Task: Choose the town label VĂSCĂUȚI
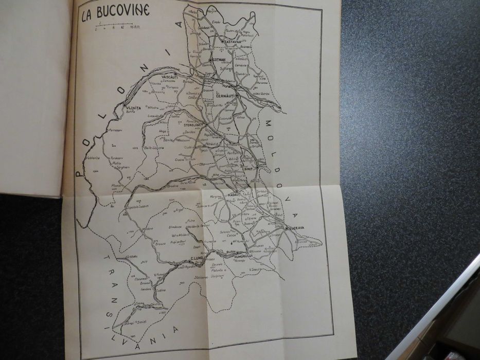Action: [169, 77]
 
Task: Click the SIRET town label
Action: [251, 167]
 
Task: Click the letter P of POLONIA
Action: [79, 174]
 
